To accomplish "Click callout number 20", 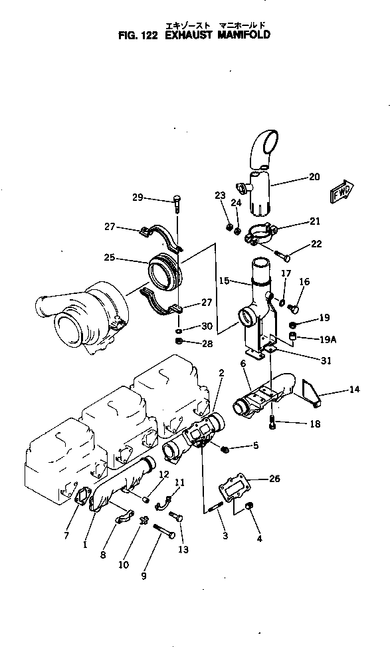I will [x=314, y=177].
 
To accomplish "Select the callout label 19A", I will [x=327, y=338].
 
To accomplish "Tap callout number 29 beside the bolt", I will [x=138, y=197].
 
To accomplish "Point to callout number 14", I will [x=355, y=389].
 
